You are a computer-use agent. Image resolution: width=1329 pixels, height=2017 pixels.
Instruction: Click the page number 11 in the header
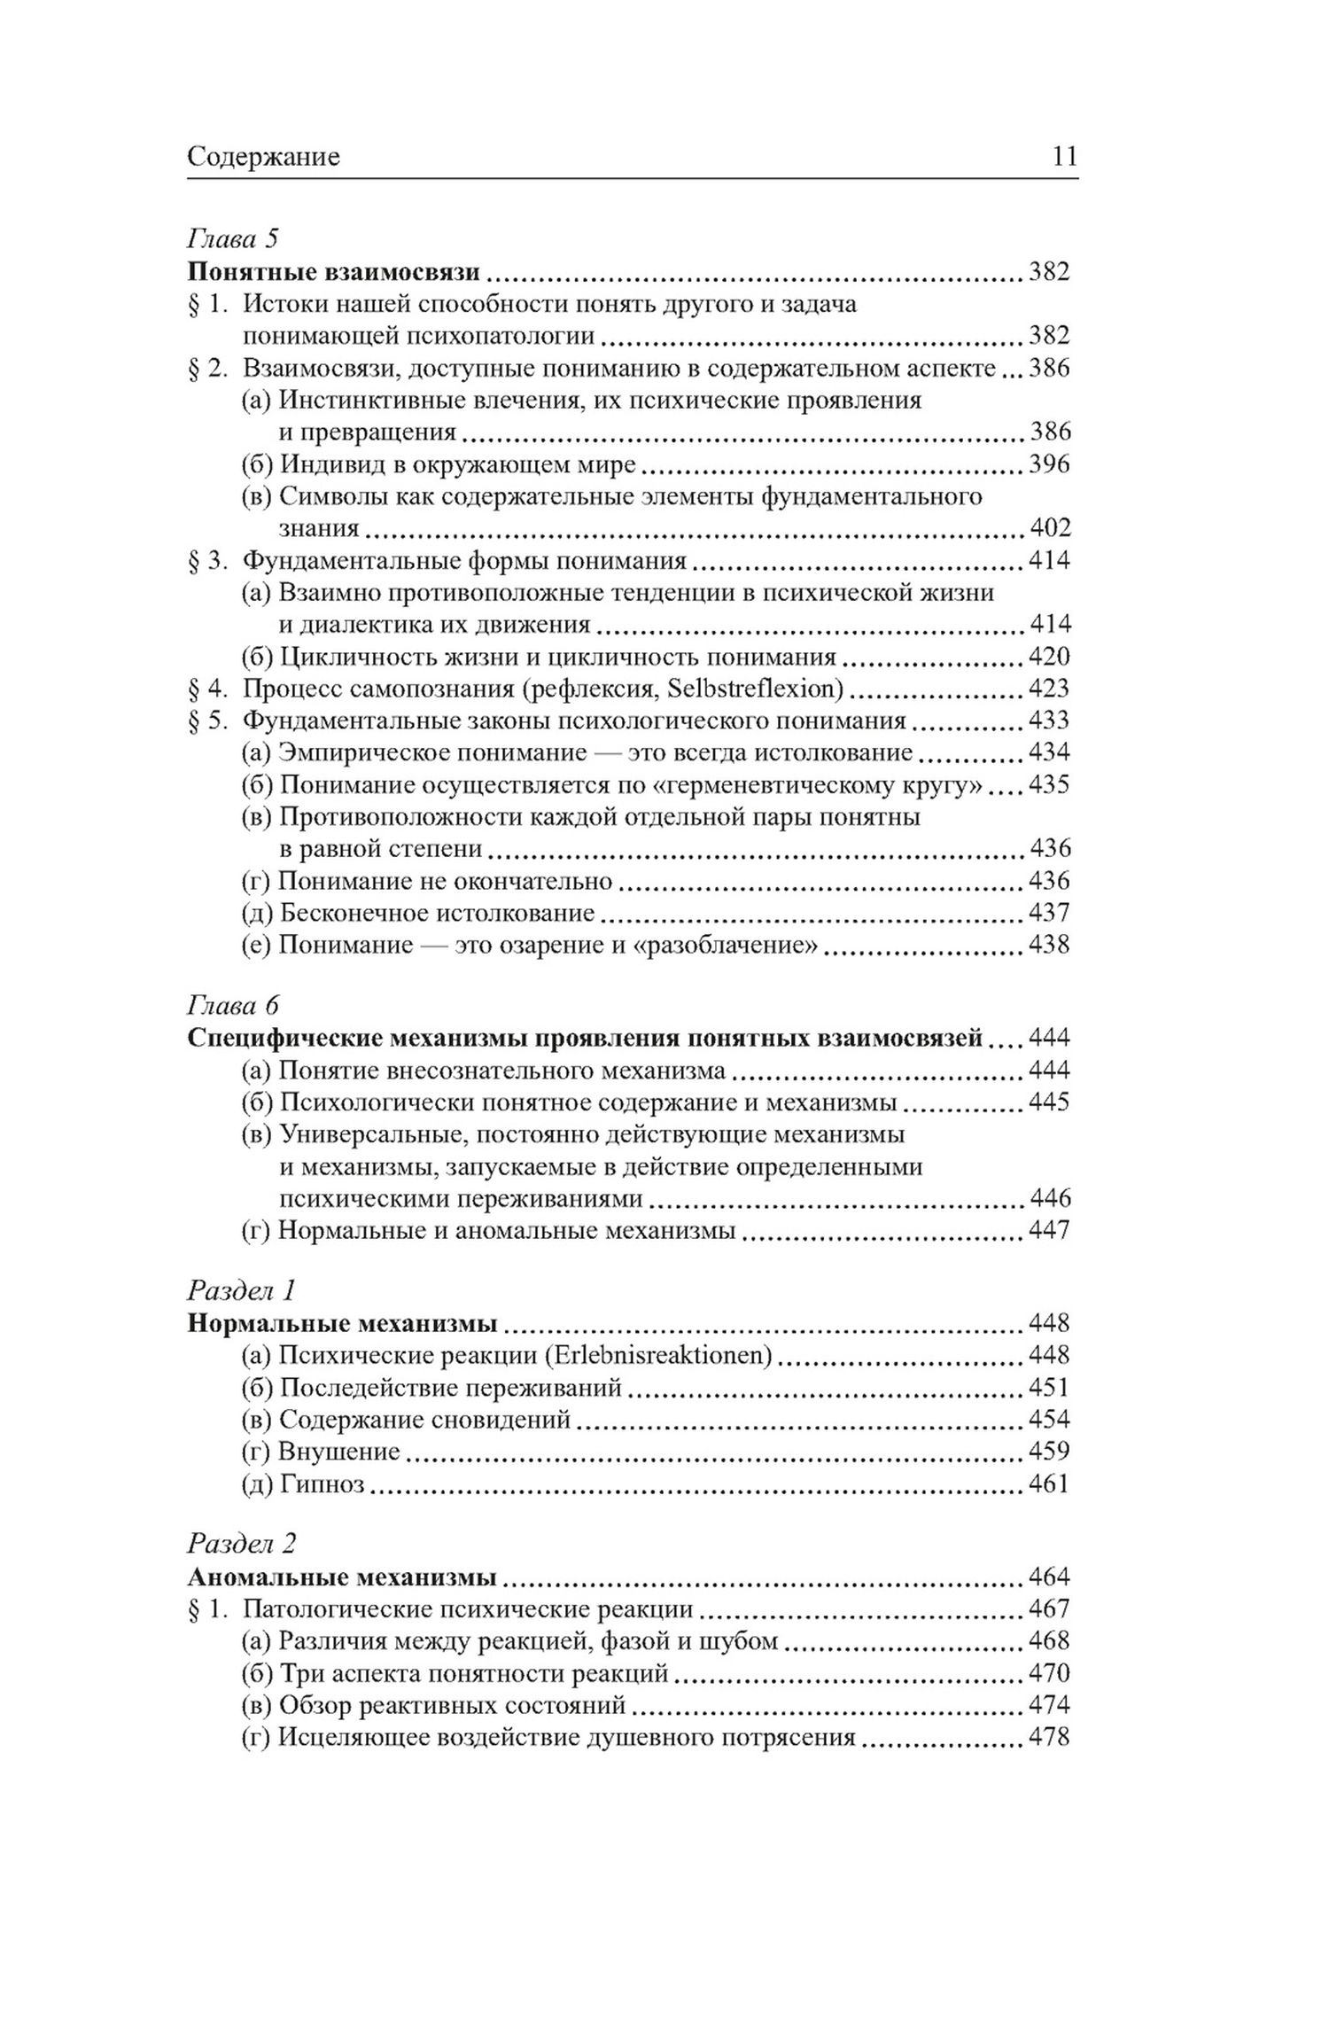pos(1064,157)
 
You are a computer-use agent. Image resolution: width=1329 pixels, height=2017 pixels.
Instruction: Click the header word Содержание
pos(264,158)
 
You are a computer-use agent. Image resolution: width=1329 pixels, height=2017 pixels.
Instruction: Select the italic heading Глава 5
pos(233,238)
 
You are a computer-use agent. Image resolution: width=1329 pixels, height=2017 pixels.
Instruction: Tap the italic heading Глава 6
pos(233,1005)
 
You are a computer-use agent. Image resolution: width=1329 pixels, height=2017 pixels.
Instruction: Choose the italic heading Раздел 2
pos(241,1543)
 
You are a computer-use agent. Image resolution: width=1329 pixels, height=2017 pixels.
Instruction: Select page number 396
pos(1049,463)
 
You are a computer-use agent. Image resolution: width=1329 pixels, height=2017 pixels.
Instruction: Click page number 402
pos(1049,528)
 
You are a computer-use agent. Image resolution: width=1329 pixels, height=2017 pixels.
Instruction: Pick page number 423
pos(1049,689)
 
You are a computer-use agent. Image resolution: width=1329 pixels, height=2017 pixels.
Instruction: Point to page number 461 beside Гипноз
pos(1049,1484)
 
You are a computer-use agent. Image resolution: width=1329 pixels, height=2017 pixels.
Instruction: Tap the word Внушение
pos(338,1452)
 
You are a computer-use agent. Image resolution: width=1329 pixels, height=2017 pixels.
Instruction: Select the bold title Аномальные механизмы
pos(342,1577)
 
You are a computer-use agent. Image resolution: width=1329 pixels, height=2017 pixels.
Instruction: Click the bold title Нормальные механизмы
pos(342,1323)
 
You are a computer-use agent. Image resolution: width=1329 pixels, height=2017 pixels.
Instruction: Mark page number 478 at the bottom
pos(1049,1737)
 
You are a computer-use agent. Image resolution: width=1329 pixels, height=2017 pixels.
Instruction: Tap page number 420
pos(1049,657)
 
